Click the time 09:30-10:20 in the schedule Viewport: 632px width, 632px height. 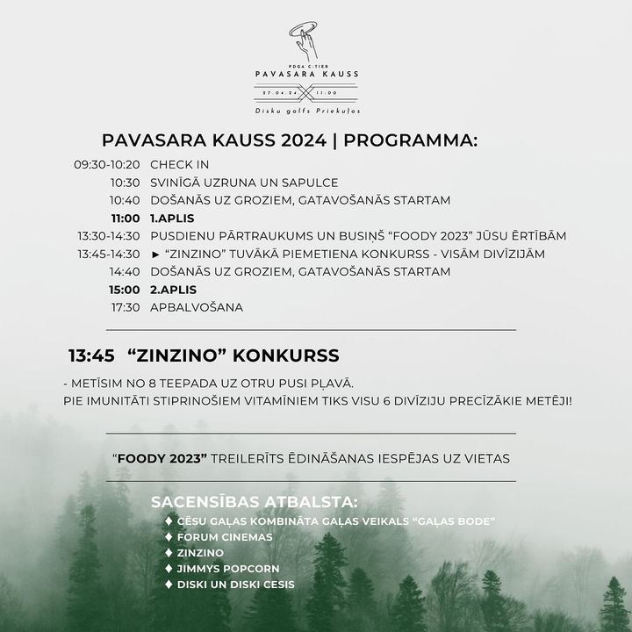tap(106, 164)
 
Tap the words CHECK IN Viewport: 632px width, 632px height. tap(179, 164)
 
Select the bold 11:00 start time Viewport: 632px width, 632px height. tap(125, 218)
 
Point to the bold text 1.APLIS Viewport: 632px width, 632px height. tap(172, 218)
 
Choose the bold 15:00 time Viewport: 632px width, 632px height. tap(125, 290)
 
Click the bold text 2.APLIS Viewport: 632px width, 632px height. tap(173, 290)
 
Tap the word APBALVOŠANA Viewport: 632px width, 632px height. tap(197, 307)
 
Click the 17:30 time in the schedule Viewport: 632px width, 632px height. tap(125, 307)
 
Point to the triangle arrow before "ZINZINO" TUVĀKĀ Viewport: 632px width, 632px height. tap(155, 255)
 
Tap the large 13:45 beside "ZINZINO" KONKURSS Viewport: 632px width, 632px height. tap(92, 355)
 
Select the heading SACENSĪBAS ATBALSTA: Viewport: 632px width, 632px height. tap(255, 502)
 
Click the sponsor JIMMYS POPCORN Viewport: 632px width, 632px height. tap(227, 569)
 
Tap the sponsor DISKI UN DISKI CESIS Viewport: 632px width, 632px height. tap(235, 585)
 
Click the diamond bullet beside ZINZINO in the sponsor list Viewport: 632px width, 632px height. tap(168, 553)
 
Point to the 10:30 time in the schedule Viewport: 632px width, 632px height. tap(125, 183)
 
